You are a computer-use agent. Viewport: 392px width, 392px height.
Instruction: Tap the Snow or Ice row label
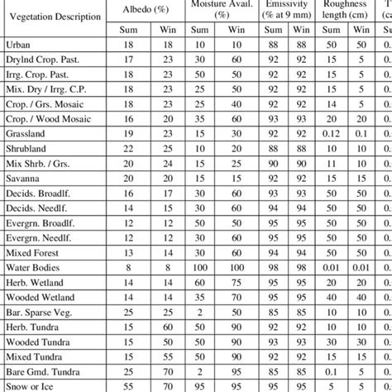[33, 385]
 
